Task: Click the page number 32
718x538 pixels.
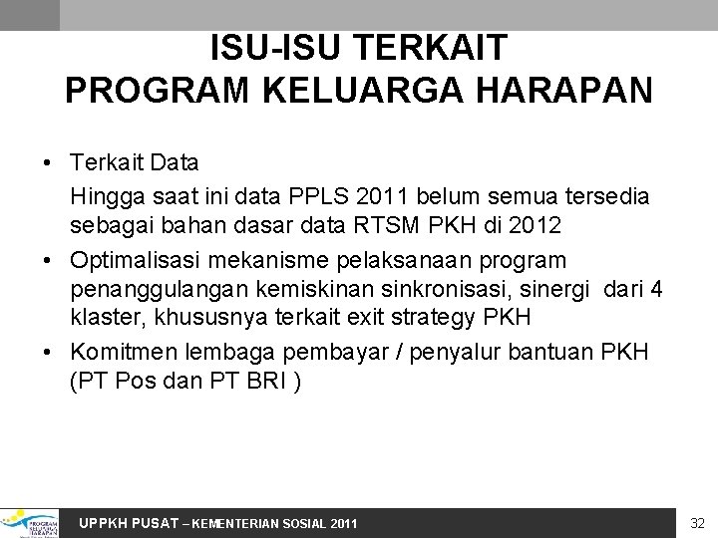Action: click(697, 522)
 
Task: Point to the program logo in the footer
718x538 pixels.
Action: click(30, 522)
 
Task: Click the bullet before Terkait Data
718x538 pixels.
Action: click(48, 161)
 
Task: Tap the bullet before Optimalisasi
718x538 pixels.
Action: click(48, 261)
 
